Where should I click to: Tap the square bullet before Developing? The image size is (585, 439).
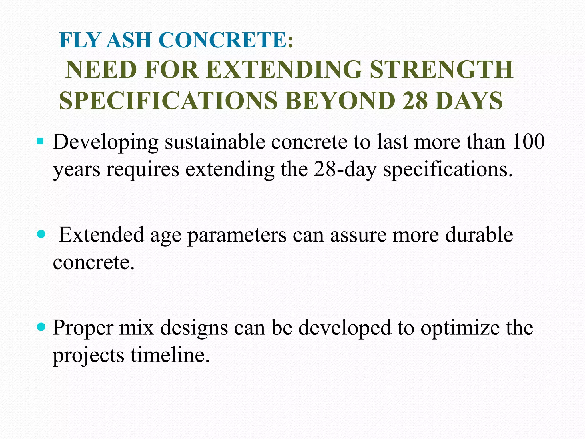(40, 141)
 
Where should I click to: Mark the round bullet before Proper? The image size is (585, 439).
(41, 327)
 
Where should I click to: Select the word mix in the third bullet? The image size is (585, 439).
(137, 328)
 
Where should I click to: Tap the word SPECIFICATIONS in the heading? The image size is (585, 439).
(168, 101)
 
